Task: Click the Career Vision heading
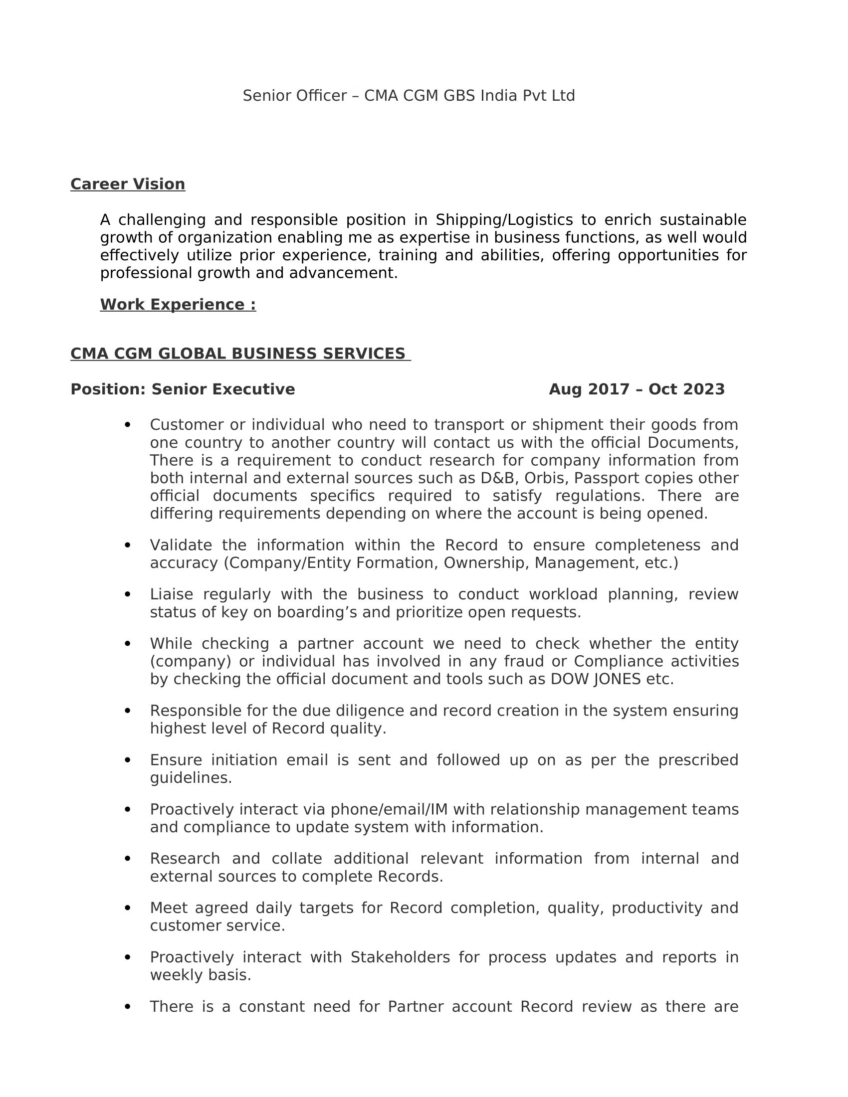(128, 184)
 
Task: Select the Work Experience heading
(178, 305)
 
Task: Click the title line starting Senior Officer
(409, 95)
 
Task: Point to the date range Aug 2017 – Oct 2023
(636, 389)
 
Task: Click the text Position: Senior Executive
(183, 389)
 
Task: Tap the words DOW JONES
(595, 679)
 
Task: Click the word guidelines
(191, 778)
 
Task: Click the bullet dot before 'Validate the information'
(127, 546)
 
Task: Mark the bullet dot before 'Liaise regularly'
(127, 595)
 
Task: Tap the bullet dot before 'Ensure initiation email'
(127, 760)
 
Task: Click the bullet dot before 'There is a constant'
(127, 1007)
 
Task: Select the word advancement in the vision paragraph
(343, 273)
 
